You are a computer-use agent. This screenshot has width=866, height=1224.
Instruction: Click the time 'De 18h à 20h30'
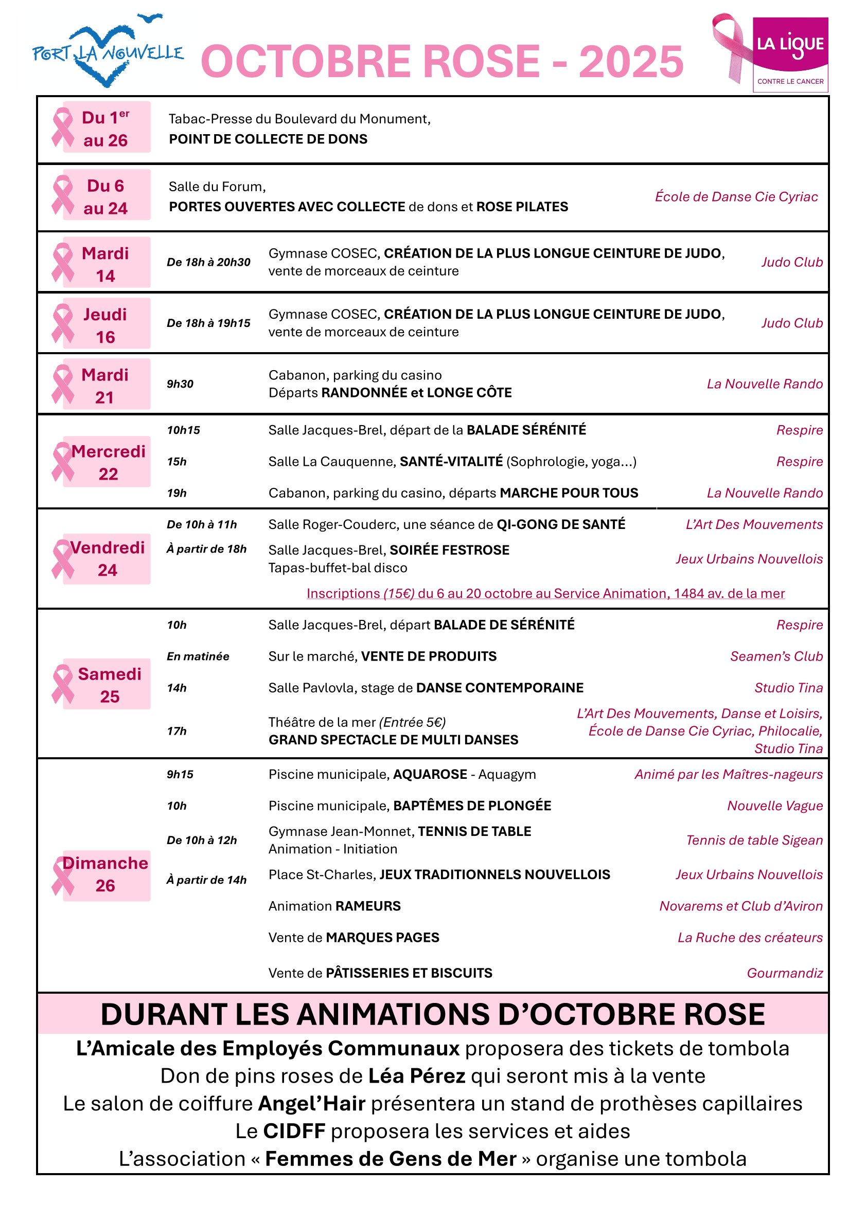click(x=208, y=262)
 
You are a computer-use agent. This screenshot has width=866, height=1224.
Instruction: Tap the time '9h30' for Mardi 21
click(x=180, y=384)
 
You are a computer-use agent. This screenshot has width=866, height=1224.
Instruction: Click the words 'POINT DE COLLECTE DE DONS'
click(x=268, y=139)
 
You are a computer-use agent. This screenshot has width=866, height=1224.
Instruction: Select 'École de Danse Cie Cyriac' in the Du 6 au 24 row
click(x=736, y=197)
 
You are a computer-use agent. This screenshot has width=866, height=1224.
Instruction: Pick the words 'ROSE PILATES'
click(x=522, y=207)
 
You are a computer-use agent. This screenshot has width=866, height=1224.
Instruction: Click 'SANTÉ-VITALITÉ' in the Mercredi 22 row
click(x=451, y=462)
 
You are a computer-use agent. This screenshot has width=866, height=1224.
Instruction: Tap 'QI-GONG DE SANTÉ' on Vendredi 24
click(x=561, y=524)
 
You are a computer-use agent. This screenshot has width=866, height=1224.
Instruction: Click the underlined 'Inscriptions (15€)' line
click(x=545, y=593)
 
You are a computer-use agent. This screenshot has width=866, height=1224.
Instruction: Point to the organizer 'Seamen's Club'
click(x=776, y=656)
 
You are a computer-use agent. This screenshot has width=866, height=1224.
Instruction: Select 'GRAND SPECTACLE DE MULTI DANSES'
click(x=393, y=740)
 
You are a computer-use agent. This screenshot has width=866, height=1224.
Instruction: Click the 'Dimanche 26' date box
click(x=105, y=875)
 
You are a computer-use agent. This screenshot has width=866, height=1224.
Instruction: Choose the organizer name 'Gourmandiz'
click(x=784, y=973)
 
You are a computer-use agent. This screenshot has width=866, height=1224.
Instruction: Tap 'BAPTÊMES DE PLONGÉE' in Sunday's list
click(x=472, y=806)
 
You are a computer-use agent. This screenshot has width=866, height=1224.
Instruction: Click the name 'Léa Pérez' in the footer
click(x=417, y=1076)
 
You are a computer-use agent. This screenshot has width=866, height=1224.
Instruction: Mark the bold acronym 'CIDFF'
click(x=294, y=1131)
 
